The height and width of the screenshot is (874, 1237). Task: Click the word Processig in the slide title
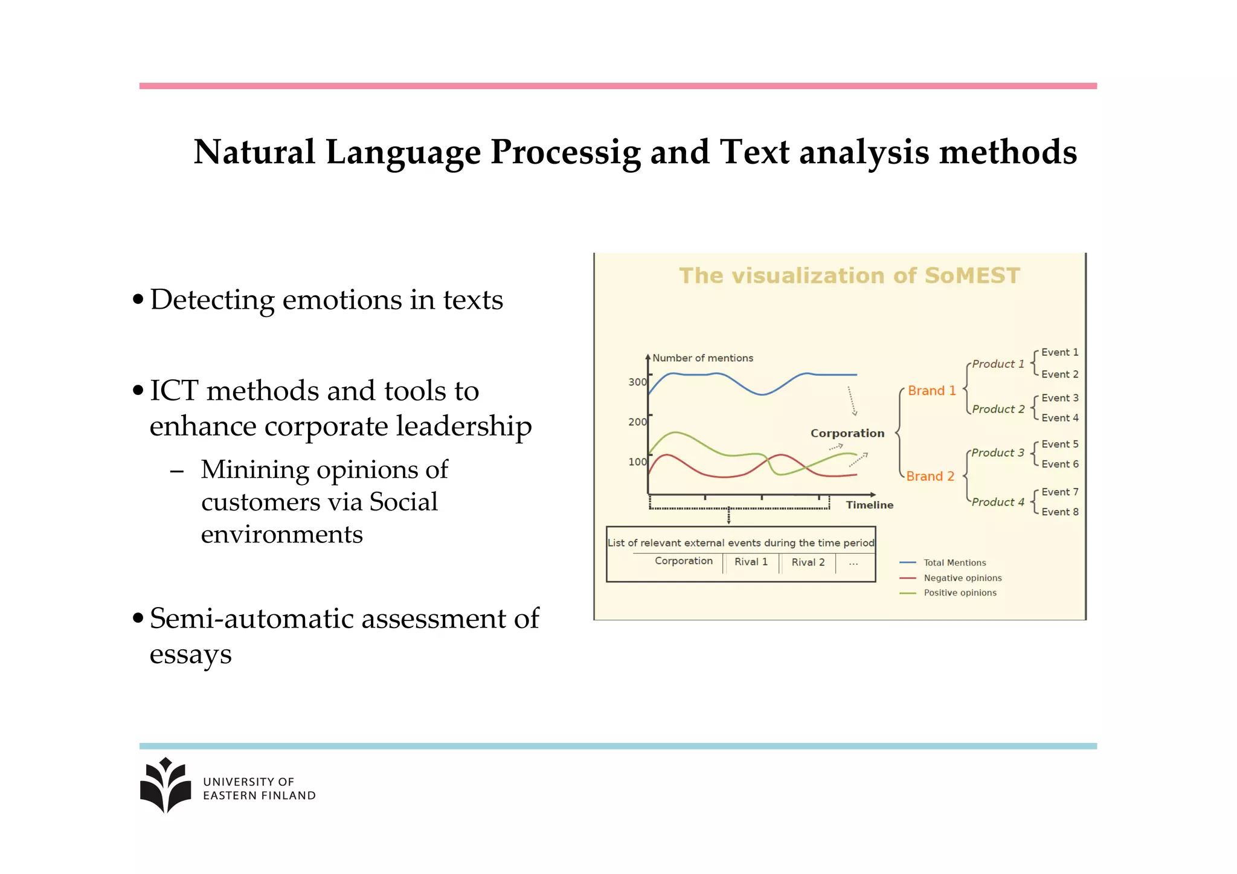(x=565, y=152)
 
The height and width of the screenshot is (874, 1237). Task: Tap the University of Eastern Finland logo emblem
(x=165, y=785)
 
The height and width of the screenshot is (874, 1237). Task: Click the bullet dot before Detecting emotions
(x=138, y=299)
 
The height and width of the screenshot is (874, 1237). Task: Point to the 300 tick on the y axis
(x=637, y=382)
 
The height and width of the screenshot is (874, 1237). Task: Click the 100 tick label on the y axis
(x=637, y=462)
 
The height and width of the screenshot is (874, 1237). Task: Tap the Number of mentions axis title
(x=702, y=358)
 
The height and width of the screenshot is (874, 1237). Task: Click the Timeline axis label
(x=869, y=505)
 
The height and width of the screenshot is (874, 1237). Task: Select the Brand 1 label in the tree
(x=931, y=391)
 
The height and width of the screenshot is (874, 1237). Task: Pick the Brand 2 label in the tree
(x=930, y=477)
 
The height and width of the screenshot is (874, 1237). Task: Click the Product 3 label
(x=997, y=453)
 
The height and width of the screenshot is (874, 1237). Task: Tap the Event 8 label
(x=1059, y=512)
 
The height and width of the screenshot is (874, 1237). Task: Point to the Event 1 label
(x=1059, y=353)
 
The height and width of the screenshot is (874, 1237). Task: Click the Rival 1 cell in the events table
(x=751, y=562)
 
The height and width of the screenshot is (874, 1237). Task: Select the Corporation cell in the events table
(x=684, y=561)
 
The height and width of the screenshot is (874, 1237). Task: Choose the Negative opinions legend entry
(x=962, y=578)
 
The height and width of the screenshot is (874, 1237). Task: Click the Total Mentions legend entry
(x=954, y=563)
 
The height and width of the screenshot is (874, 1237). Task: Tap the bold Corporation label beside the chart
(x=847, y=434)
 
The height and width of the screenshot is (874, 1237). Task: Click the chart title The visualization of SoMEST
(x=849, y=276)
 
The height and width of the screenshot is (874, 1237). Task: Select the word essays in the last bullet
(x=190, y=655)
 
